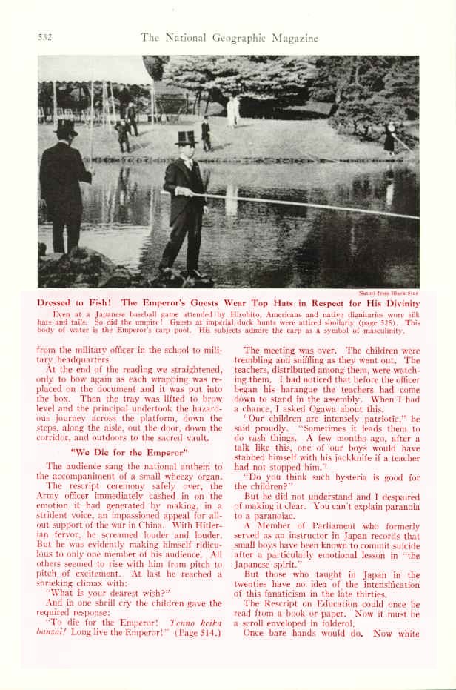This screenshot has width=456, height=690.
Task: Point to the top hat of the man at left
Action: (66, 128)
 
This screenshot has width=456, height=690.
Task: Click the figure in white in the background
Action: (233, 110)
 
